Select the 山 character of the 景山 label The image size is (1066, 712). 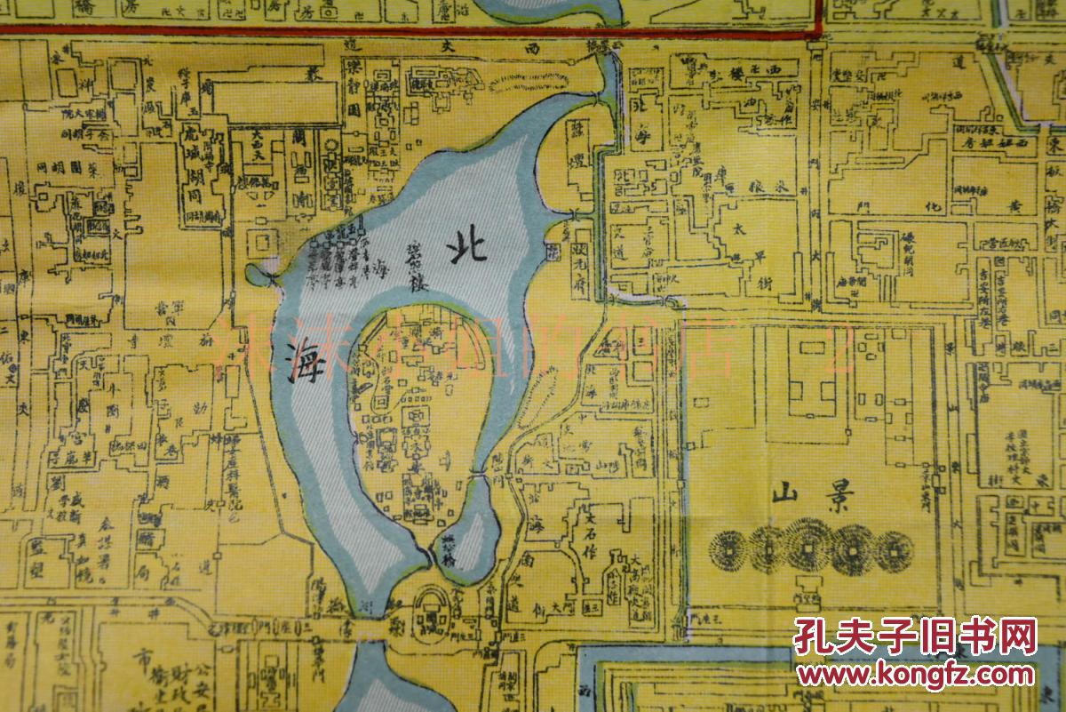pyautogui.click(x=785, y=492)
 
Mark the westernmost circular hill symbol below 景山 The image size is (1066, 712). pyautogui.click(x=728, y=550)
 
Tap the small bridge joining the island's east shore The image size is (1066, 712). pyautogui.click(x=481, y=478)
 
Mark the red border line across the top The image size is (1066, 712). pyautogui.click(x=409, y=31)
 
